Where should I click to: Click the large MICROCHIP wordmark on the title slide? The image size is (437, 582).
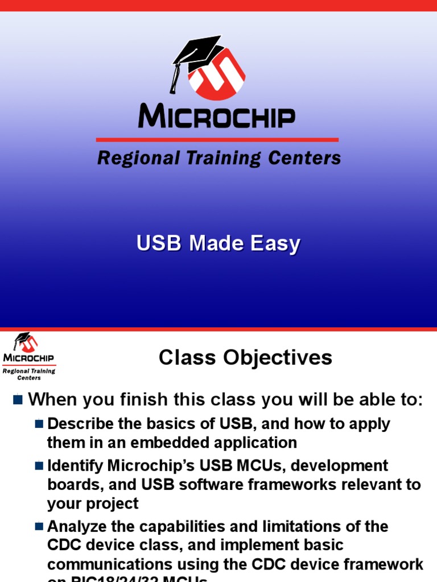tap(217, 117)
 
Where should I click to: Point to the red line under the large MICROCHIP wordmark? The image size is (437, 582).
tap(217, 139)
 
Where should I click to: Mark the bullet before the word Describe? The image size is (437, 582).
tap(39, 423)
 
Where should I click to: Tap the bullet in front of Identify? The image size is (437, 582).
tap(39, 465)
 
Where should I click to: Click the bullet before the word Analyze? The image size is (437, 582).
tap(39, 526)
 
